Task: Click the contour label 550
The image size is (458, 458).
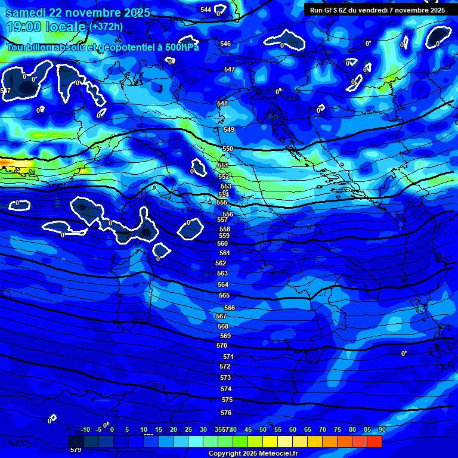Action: (228, 148)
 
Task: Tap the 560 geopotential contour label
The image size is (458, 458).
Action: (222, 243)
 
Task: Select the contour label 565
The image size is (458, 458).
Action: (224, 295)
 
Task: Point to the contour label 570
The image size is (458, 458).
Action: (222, 345)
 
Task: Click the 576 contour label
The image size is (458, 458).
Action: (226, 413)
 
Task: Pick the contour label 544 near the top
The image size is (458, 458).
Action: (206, 10)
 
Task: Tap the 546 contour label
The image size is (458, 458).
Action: (225, 44)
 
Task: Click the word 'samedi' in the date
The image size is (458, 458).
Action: (27, 13)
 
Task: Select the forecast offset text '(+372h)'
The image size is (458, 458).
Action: (106, 26)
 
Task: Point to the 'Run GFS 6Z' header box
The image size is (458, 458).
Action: (377, 10)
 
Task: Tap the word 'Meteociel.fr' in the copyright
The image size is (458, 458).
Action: (276, 454)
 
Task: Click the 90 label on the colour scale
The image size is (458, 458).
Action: (382, 429)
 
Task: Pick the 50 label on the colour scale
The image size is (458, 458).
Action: (263, 429)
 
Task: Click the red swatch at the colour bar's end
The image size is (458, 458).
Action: (374, 441)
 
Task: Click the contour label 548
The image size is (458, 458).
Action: (222, 103)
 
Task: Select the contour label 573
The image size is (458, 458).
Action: (225, 377)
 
